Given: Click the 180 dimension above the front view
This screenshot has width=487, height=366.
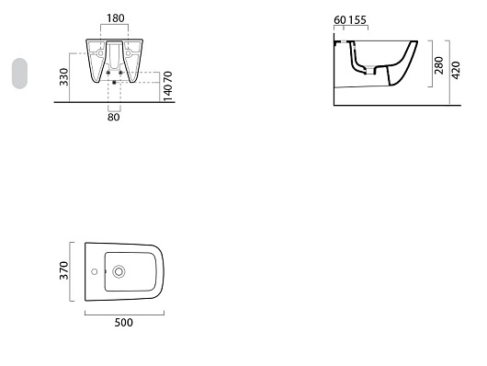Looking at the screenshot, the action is coord(116,18).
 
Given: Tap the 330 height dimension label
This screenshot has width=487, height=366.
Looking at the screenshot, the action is coord(64,77).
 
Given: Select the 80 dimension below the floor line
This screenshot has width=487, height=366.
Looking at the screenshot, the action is coord(114,117).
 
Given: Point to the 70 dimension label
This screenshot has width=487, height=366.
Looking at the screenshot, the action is coord(167,77).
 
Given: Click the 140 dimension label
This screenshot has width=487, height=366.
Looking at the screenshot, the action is coord(167,92).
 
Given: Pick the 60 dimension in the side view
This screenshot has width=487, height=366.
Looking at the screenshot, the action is coord(340,20).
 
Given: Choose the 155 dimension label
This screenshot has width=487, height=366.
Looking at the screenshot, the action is coord(357,20).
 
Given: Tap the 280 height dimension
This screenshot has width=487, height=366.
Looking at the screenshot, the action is coord(439,65).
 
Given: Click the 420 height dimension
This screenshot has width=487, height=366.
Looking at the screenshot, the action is coord(456,70).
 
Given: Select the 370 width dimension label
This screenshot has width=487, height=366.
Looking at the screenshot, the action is coord(64,270).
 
